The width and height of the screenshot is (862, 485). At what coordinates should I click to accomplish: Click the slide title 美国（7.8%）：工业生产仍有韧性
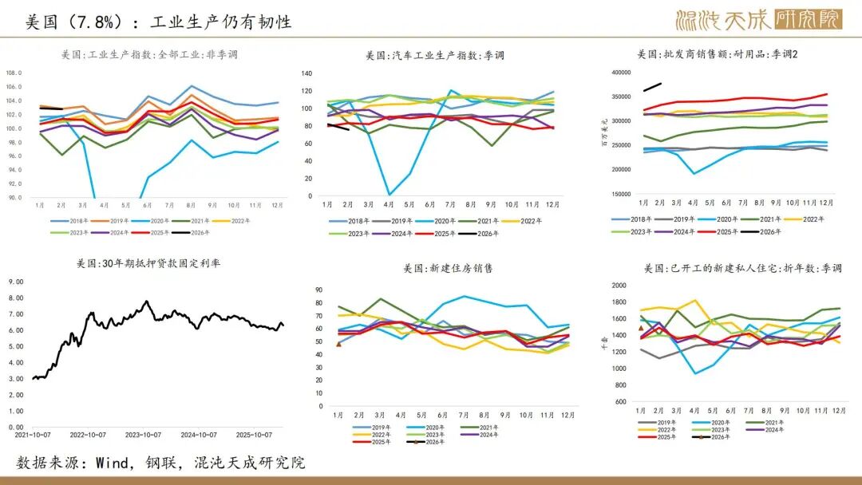pos(158,22)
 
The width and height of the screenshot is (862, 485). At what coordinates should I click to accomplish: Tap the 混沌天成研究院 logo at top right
pos(758,20)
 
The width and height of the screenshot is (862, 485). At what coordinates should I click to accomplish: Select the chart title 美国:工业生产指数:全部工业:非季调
pos(149,55)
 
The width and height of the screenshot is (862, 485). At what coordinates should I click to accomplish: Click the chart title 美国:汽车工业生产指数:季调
pos(435,55)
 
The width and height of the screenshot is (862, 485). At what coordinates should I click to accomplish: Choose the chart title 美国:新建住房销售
pos(436,268)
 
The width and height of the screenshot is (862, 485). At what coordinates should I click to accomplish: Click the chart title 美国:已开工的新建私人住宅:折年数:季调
pos(743,268)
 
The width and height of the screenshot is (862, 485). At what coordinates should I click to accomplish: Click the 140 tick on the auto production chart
pos(306,73)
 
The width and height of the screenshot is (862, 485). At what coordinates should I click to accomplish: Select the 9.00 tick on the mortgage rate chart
pos(17,282)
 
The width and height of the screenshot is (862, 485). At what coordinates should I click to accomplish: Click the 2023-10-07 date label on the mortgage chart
pos(144,435)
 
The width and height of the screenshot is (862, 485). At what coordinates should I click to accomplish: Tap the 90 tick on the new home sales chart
pos(319,290)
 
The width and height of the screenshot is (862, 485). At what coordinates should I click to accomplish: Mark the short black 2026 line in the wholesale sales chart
pos(652,86)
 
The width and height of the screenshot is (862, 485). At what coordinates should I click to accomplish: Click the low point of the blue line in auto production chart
pos(390,195)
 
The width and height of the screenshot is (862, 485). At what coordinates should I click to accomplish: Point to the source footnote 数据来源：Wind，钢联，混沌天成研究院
pos(160,463)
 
